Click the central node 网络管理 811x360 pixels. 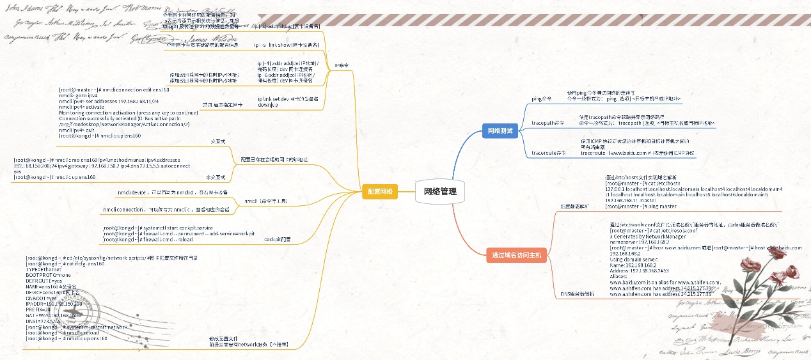click(440, 191)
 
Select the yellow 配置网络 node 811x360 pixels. click(379, 191)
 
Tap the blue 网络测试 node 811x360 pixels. click(500, 130)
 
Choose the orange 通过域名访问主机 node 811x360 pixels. click(516, 255)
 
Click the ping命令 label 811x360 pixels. click(541, 99)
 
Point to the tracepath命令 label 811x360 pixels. click(548, 122)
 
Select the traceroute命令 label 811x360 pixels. click(549, 153)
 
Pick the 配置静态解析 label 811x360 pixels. click(574, 207)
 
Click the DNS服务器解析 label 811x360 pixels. click(577, 293)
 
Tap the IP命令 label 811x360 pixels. click(342, 65)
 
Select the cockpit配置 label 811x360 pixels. click(277, 239)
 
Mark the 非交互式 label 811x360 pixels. click(216, 177)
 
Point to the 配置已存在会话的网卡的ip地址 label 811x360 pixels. click(274, 159)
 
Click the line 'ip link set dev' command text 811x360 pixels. click(287, 98)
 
